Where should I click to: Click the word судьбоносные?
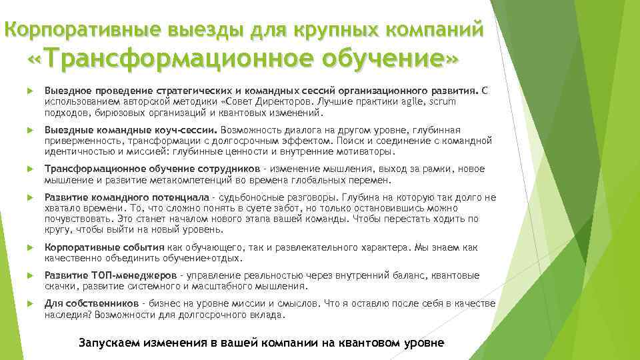243,198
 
